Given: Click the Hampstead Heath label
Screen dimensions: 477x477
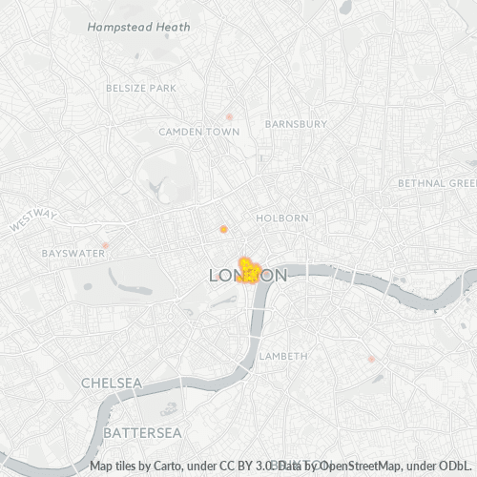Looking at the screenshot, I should [137, 28].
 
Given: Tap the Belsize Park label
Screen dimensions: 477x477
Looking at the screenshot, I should [142, 88].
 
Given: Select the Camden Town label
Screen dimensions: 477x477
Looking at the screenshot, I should [198, 131].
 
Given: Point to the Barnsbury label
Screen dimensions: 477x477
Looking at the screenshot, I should [296, 123].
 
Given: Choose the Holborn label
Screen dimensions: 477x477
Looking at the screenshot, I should [282, 218].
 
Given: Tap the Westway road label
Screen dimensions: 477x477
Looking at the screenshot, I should [33, 220].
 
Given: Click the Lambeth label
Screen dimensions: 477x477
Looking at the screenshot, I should [283, 356].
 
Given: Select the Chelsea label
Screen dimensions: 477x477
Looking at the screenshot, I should [112, 383].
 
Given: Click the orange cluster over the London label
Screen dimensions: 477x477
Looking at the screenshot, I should [249, 272].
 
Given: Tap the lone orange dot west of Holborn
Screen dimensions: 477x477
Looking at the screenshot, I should [223, 229].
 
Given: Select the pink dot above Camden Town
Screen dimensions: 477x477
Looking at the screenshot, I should [229, 116].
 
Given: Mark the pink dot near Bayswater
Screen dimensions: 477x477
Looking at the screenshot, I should [106, 245].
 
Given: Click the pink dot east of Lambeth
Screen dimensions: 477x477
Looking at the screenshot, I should [371, 359].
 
